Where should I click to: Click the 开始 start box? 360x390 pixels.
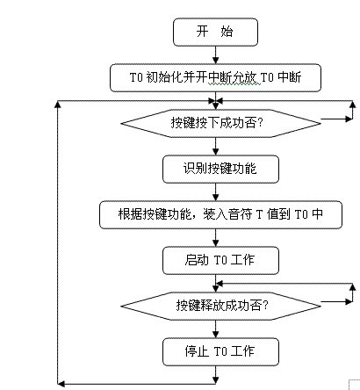tap(215, 32)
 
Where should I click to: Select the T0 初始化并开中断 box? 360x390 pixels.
tap(215, 77)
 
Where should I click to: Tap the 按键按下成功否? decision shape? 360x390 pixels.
tap(220, 123)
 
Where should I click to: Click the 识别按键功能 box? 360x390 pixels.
tap(220, 170)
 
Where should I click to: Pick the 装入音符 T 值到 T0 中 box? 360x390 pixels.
tap(220, 214)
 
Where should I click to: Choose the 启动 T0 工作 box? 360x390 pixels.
tap(220, 260)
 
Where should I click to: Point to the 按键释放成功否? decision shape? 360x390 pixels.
tap(220, 306)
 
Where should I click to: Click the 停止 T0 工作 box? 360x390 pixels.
tap(220, 351)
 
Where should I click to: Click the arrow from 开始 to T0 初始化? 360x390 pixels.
tap(216, 55)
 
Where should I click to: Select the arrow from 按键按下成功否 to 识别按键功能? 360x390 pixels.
tap(216, 147)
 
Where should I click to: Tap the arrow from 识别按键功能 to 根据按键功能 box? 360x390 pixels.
tap(216, 192)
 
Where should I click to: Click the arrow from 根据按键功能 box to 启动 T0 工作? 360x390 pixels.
tap(216, 238)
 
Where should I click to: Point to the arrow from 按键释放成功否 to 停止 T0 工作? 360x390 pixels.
tap(216, 329)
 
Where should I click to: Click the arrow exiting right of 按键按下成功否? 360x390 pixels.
tap(336, 119)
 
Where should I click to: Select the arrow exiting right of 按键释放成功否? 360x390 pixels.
tap(336, 301)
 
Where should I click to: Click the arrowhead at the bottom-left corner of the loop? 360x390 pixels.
tap(61, 383)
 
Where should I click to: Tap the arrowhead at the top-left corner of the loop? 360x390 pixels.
tap(58, 105)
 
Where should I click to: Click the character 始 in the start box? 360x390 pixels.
tap(227, 32)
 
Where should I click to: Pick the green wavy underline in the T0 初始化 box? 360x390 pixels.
tap(234, 84)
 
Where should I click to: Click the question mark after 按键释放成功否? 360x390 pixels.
tap(265, 306)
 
